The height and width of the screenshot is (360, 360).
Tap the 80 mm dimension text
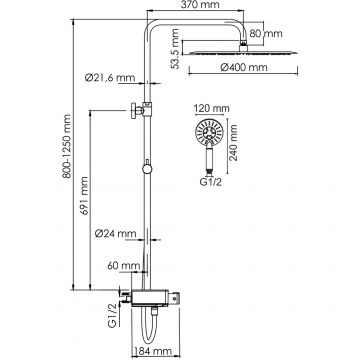click(x=266, y=33)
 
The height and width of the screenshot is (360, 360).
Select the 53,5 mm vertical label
click(x=175, y=49)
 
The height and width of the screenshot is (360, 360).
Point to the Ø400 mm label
click(x=244, y=67)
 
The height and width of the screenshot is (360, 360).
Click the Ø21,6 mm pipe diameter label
click(x=110, y=78)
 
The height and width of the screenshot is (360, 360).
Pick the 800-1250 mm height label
click(x=67, y=146)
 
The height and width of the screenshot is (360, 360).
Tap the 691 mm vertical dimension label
click(x=84, y=196)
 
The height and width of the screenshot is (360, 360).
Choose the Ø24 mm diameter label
click(x=115, y=233)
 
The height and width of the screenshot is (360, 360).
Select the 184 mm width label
click(x=152, y=351)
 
